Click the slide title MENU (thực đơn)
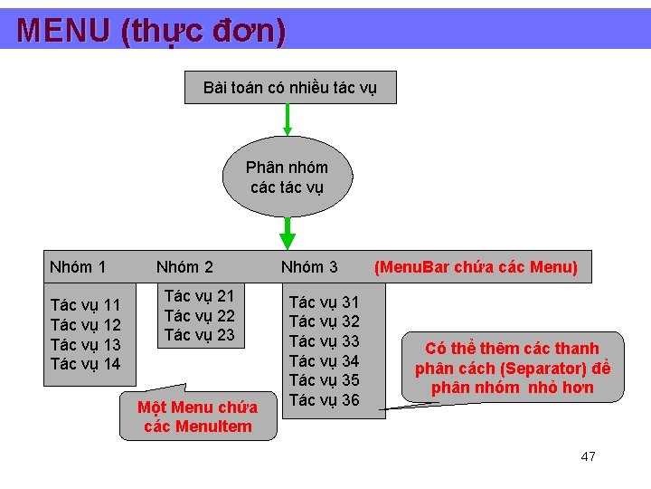tap(152, 31)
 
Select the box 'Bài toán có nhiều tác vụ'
tap(289, 88)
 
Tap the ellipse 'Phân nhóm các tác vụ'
tap(288, 177)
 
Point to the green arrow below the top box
tap(288, 119)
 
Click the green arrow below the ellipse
tap(288, 233)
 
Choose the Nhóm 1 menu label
tap(78, 267)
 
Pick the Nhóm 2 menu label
tap(184, 267)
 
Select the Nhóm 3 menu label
tap(309, 267)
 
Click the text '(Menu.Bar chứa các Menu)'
tap(476, 267)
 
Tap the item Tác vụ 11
tap(86, 305)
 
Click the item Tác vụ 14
tap(86, 364)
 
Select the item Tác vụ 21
tap(199, 296)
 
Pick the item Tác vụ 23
tap(199, 335)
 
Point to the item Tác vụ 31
tap(324, 302)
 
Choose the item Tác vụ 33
tap(324, 341)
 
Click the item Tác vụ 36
tap(324, 400)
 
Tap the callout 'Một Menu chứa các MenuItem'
tap(198, 417)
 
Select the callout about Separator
tap(513, 368)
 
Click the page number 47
tap(588, 456)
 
